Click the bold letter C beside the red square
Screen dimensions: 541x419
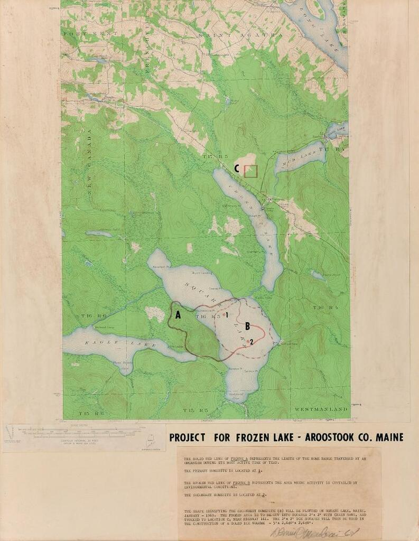coord(238,169)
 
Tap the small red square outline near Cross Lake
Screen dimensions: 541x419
coord(251,171)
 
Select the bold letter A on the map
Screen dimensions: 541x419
coord(178,315)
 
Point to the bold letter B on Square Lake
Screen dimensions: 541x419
coord(247,326)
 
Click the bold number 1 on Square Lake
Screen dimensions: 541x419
coord(226,316)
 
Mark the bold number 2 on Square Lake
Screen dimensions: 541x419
coord(252,342)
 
